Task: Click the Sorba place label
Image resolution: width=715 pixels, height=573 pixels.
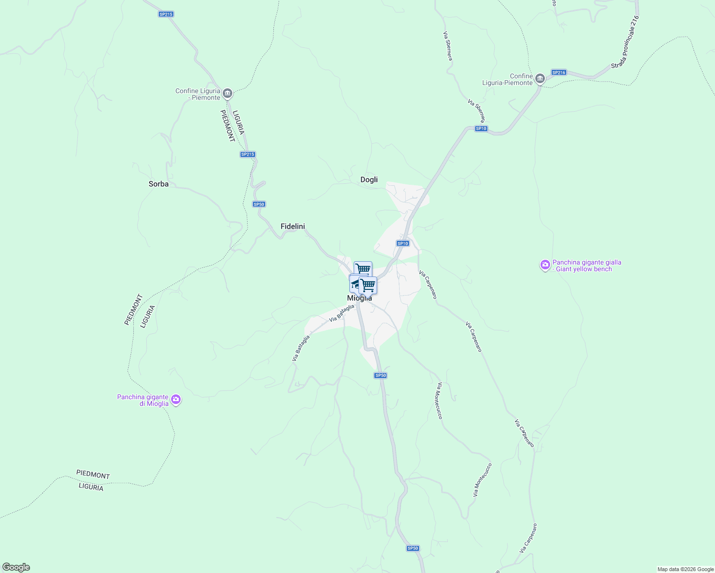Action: coord(158,184)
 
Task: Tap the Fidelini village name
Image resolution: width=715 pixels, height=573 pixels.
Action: coord(292,226)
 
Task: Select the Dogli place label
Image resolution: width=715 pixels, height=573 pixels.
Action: coord(369,180)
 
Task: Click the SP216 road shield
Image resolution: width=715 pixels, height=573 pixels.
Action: coord(558,73)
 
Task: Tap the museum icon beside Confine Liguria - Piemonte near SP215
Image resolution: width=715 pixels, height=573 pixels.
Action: coord(227,93)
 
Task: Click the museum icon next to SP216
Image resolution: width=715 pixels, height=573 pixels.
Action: coord(540,78)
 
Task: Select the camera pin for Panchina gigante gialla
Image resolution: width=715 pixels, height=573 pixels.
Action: coord(545,265)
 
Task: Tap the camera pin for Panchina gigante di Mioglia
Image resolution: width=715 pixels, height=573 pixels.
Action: coord(176,399)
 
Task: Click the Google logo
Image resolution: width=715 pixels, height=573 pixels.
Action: coord(16,567)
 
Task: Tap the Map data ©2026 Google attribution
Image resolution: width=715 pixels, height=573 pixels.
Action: coord(685,569)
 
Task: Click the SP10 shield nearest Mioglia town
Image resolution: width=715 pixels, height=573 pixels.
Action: coord(402,244)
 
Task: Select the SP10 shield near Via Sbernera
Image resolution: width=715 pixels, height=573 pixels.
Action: coord(481,128)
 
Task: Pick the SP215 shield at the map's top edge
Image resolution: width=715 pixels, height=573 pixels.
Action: coord(166,14)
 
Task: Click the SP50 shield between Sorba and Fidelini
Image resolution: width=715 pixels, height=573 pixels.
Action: coord(259,204)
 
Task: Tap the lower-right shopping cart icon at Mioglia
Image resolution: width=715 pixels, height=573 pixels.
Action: coord(368,285)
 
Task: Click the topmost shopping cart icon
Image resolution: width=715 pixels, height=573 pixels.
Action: coord(363,269)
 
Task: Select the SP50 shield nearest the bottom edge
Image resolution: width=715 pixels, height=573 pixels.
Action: coord(413,548)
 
